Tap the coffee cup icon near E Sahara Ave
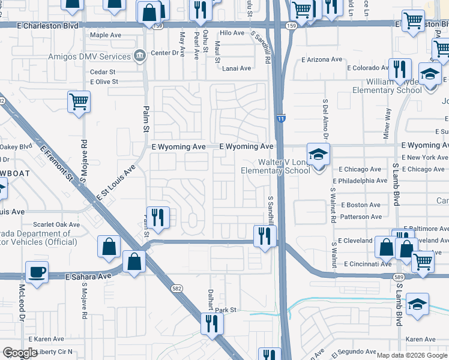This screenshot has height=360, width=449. point(37,271)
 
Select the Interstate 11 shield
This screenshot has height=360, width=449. point(280,120)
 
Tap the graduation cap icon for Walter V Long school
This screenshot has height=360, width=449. point(318,154)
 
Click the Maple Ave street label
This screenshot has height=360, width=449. point(106,35)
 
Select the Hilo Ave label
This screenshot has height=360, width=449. point(233,34)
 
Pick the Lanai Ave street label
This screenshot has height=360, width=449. point(237,68)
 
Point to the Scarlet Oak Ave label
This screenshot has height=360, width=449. point(58,225)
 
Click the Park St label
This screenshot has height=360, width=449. point(227,310)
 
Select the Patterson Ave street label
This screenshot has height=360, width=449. point(361,217)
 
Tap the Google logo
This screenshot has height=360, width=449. point(20,353)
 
